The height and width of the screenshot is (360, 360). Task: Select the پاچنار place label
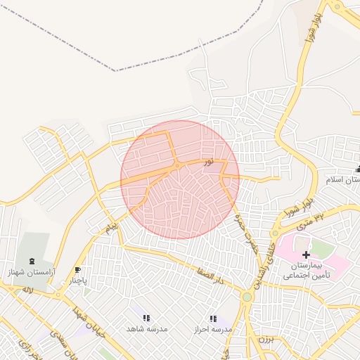tap(78, 281)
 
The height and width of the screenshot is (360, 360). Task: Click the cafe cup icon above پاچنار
tap(77, 270)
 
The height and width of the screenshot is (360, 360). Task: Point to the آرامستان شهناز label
tap(29, 271)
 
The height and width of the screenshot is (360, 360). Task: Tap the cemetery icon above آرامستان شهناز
tap(30, 259)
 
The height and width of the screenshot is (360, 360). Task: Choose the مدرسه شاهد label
tap(146, 329)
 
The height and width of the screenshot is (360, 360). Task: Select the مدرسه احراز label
tap(214, 329)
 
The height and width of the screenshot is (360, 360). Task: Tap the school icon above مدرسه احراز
tap(213, 319)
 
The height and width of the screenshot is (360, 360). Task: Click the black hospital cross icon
tap(306, 254)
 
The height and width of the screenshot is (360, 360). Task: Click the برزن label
tap(264, 339)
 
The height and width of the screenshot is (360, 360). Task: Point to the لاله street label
tap(27, 290)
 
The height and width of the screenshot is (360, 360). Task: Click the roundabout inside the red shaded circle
tap(179, 166)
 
